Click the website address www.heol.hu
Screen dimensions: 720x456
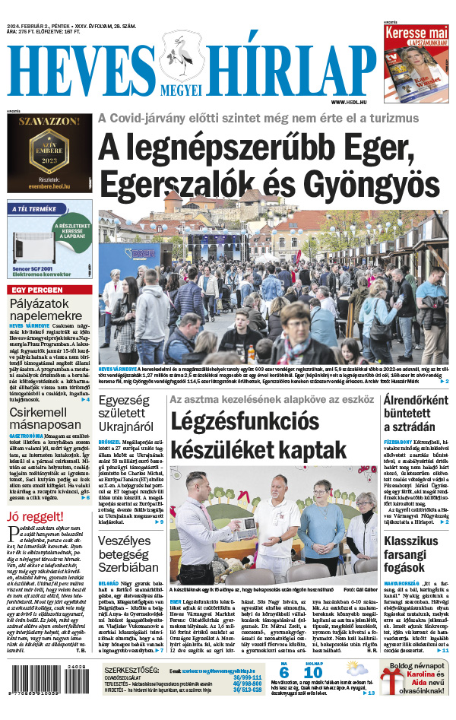click(x=351, y=101)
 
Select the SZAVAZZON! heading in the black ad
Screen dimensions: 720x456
click(x=49, y=121)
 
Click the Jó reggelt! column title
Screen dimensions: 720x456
click(x=36, y=519)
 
